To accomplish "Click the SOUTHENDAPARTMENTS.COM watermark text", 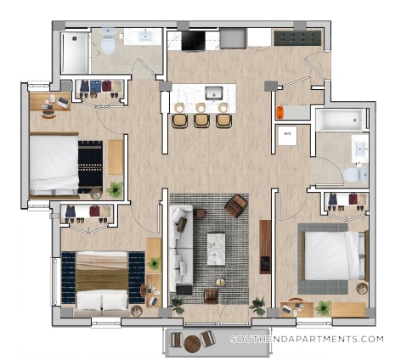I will pos(307,339).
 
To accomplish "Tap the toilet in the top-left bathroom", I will pos(108,39).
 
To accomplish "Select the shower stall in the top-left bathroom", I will pos(75,52).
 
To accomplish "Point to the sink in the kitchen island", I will pos(213,93).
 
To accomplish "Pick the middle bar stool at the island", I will pos(201,119).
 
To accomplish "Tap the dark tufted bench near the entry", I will pos(297,37).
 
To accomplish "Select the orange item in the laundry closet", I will pos(280,111).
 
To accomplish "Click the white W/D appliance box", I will pos(288,135).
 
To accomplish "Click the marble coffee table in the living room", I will pos(217,248).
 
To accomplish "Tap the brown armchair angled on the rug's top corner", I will pos(236,205).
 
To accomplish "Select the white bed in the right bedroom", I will pos(332,256).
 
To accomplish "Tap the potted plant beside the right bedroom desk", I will pos(323,307).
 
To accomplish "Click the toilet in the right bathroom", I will pos(352,175).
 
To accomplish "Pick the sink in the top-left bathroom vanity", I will pos(142,36).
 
